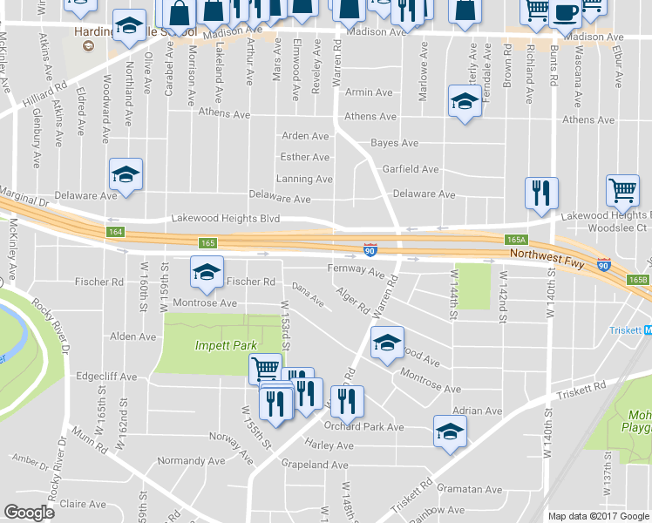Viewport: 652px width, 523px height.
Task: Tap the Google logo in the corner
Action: [29, 513]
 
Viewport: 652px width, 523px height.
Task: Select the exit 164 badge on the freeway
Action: [116, 232]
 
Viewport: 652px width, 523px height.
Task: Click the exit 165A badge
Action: [517, 238]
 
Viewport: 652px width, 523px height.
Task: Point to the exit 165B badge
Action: [639, 280]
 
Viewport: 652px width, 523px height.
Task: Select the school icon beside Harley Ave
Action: [450, 431]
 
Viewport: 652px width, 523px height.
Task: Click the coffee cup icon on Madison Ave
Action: [566, 13]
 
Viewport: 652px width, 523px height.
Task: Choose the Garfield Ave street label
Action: [410, 168]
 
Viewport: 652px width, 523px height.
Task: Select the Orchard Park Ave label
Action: [363, 427]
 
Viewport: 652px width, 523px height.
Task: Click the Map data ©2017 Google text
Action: [597, 516]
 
